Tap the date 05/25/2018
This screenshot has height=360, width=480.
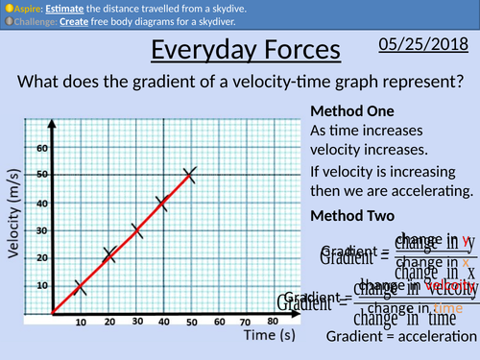coord(422,46)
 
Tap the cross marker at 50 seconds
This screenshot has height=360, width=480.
coord(190,174)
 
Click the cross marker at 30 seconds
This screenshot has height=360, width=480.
coord(135,230)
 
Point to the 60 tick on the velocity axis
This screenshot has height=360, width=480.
coord(42,148)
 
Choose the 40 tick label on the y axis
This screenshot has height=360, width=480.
coord(42,203)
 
